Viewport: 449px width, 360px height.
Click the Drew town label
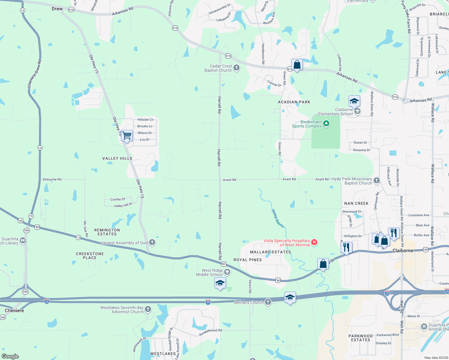(x=57, y=9)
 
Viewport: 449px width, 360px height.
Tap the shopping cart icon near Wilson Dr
(x=127, y=136)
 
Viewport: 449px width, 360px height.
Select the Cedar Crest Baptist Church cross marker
(x=237, y=68)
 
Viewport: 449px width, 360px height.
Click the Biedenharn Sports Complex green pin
(x=326, y=124)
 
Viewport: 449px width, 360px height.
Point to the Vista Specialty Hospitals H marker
(x=314, y=242)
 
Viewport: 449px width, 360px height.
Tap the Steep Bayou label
(x=278, y=218)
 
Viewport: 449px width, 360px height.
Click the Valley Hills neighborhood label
(x=117, y=158)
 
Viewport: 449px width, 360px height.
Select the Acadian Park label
(x=294, y=102)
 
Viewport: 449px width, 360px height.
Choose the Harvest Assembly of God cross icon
(x=152, y=242)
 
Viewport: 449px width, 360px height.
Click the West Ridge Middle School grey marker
(x=227, y=272)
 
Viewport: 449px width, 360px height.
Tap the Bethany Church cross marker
(x=268, y=302)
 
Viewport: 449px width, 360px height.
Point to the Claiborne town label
(x=402, y=250)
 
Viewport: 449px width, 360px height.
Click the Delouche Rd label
(x=52, y=179)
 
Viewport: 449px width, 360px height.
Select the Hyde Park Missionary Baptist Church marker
(x=377, y=181)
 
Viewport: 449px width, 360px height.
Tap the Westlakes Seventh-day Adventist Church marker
(x=148, y=309)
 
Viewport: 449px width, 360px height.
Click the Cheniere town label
(x=14, y=310)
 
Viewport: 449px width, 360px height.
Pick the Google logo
(x=10, y=356)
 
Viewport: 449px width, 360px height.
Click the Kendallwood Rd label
(x=210, y=332)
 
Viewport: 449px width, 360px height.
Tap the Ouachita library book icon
(x=23, y=241)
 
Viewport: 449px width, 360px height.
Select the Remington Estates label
(x=107, y=232)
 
